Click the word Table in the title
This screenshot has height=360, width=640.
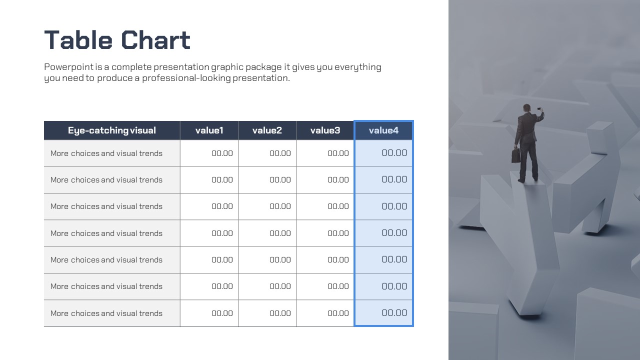tap(78, 40)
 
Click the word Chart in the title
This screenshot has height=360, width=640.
tap(155, 40)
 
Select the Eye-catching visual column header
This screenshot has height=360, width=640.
tap(112, 130)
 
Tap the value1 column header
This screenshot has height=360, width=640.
tap(209, 130)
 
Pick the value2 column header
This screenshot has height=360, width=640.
tap(267, 130)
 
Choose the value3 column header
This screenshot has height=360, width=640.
tap(325, 130)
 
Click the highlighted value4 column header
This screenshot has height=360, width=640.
tap(383, 130)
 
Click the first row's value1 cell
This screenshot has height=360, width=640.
tap(209, 153)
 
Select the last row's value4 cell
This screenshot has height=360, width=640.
tap(383, 313)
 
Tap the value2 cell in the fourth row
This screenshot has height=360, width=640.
tap(267, 233)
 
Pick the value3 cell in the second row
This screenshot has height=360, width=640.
tap(325, 179)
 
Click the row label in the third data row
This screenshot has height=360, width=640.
tap(106, 206)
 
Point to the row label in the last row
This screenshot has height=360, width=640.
tap(106, 313)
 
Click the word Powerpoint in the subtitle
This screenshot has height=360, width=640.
tap(69, 67)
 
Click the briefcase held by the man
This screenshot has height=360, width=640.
tap(515, 155)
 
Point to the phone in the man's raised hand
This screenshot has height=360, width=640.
tap(539, 109)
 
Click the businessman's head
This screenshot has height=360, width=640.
tap(526, 108)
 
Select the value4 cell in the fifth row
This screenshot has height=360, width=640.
tap(383, 259)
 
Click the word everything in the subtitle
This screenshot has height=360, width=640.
tap(358, 67)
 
